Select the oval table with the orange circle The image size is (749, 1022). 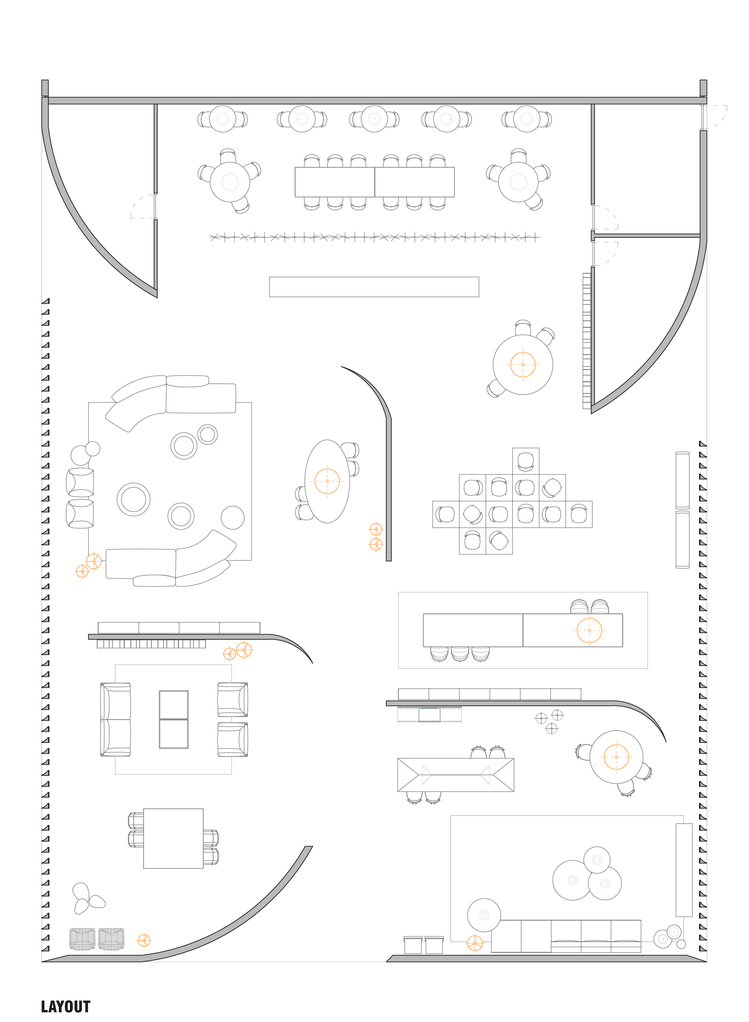coord(327,481)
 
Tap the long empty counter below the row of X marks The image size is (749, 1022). coord(374,287)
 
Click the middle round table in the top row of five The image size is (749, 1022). coord(374,119)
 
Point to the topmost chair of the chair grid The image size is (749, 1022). coord(525,461)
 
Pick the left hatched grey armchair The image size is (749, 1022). coord(82,938)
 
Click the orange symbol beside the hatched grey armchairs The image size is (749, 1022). coord(144,940)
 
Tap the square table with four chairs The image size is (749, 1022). coord(173,838)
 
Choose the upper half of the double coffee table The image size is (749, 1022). coord(174,704)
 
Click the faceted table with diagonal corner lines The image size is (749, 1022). coord(456,775)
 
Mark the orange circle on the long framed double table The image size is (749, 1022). coord(589,630)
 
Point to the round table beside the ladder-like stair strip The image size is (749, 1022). coord(523,364)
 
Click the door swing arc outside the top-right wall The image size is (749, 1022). coord(719,117)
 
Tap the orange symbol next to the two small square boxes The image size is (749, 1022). coord(475,943)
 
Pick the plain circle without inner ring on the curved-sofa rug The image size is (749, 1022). coord(233,517)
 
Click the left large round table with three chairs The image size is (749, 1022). coord(230,182)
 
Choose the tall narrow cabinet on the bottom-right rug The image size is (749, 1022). coord(684,870)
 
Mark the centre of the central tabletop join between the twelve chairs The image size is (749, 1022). coord(375,182)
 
